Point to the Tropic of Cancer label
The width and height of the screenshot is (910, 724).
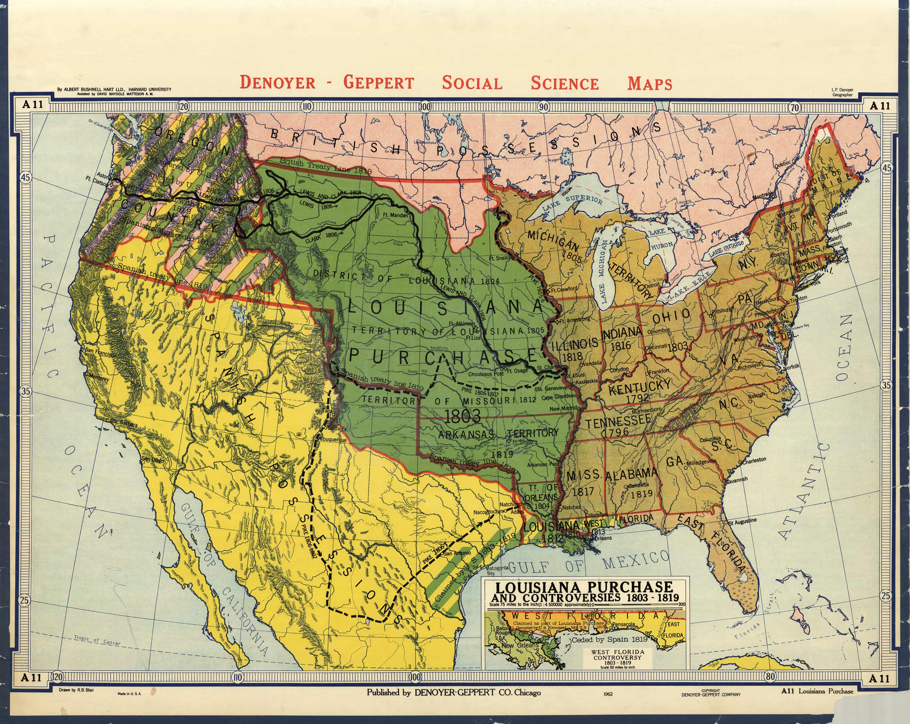click(97, 641)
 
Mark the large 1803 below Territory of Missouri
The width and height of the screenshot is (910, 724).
click(463, 416)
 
